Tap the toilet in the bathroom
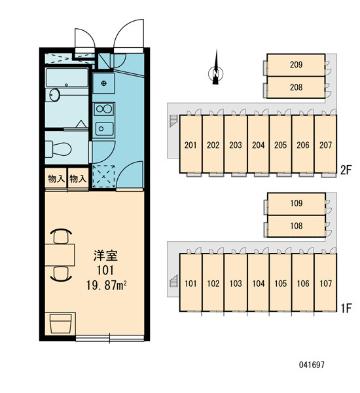58,149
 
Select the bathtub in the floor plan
67,77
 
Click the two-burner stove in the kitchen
104,109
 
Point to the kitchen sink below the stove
104,128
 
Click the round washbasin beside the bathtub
54,95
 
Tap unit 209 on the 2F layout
296,65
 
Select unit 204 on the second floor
259,144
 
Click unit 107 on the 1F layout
325,283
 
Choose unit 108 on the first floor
297,226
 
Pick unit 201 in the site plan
190,144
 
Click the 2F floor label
346,170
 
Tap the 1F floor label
346,308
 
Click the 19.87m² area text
106,285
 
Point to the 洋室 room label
105,255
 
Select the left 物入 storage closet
56,178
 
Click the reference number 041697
312,365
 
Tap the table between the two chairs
60,255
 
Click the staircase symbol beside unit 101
173,281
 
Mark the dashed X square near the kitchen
103,176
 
